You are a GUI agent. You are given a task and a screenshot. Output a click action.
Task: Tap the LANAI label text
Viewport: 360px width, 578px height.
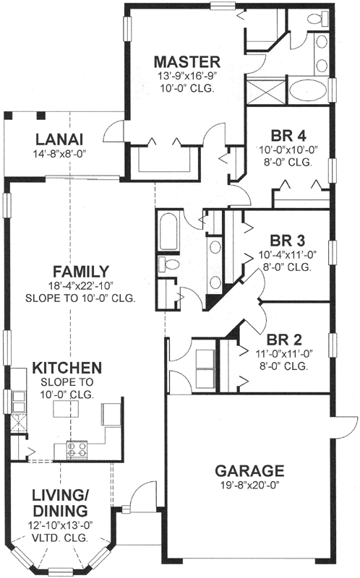coord(59,139)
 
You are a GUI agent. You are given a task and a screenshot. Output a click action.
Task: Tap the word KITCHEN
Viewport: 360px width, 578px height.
coord(67,368)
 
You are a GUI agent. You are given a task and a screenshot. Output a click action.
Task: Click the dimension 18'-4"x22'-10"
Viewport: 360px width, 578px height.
coord(80,285)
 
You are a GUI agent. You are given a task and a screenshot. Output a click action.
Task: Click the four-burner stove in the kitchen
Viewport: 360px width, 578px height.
coord(76,449)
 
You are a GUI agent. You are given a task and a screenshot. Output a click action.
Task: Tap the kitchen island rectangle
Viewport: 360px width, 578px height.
coord(66,411)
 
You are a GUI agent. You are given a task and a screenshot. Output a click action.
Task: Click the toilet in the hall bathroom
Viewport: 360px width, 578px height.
coord(171,266)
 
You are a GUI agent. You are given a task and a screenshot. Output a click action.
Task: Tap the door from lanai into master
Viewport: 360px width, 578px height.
coord(114,132)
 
